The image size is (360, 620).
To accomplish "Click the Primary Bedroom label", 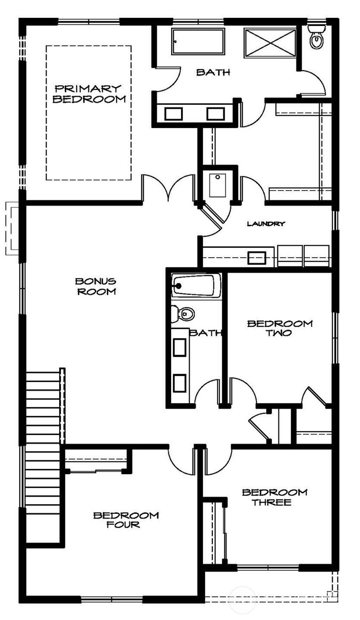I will tap(89, 94).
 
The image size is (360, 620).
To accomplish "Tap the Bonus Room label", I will tap(96, 286).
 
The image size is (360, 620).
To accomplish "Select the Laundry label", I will tap(266, 224).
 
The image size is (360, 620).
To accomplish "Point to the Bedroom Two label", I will tap(280, 328).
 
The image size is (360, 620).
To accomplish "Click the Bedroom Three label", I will tap(274, 497).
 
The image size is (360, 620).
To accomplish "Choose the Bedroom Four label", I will tap(126, 520).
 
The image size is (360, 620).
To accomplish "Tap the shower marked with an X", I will tap(270, 43).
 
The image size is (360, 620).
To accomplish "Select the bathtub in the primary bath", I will tap(198, 42).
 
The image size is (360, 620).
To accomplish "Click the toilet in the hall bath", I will tap(183, 314).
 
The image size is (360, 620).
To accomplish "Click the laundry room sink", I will tap(256, 258).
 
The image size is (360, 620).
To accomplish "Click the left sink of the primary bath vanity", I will tap(173, 114).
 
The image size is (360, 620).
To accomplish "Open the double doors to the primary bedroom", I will tap(168, 188).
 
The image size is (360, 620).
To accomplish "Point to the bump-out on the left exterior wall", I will tap(12, 228).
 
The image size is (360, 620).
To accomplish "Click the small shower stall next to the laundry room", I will tap(218, 185).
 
